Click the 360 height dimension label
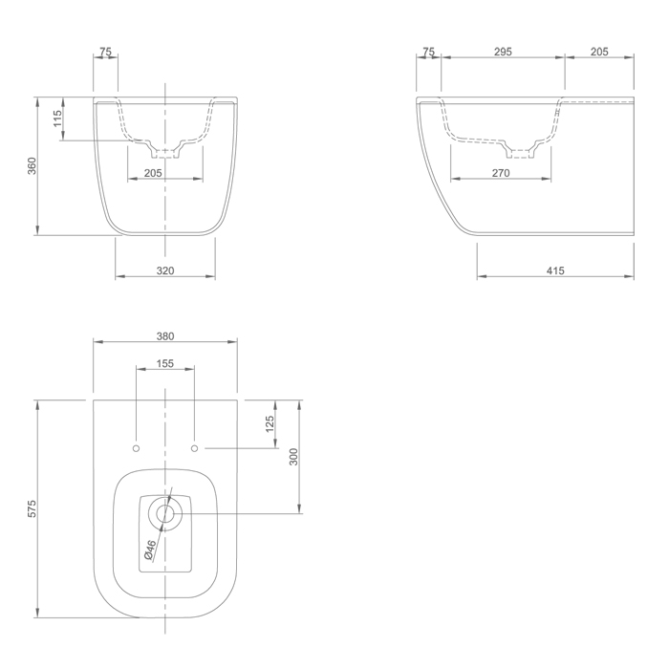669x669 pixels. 32,166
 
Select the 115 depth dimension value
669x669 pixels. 57,119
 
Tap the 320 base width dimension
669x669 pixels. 165,270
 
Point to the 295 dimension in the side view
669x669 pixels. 503,52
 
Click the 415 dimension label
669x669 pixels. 555,270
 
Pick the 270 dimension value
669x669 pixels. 501,173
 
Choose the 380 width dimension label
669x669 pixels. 165,336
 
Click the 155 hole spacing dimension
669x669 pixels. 165,363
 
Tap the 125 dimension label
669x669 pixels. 270,424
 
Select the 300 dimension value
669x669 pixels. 293,457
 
